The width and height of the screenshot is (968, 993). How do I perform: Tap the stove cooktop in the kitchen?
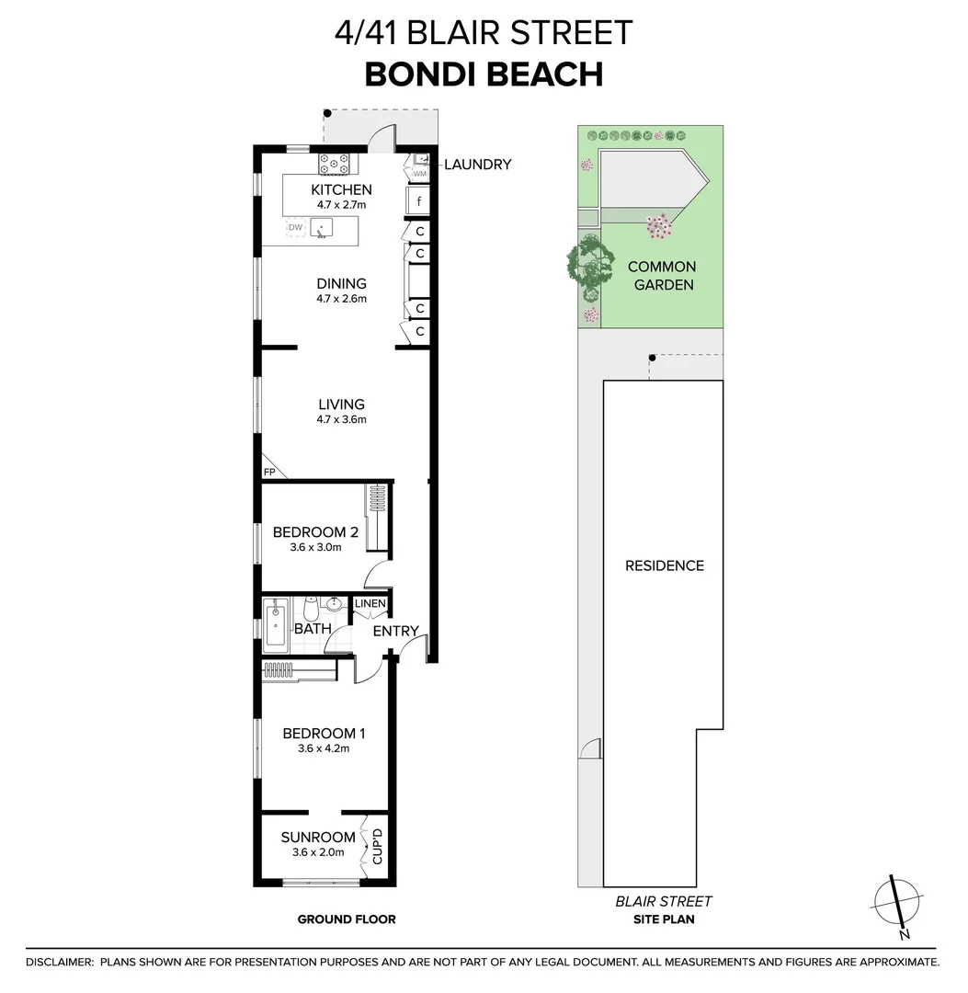(335, 165)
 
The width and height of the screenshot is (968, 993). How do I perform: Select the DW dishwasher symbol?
(295, 227)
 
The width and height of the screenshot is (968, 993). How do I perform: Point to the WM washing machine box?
(419, 173)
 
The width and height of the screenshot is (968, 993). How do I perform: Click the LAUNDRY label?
(477, 165)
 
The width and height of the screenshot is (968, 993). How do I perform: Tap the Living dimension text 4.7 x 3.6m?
(342, 420)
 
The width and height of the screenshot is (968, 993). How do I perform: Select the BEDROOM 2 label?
(315, 531)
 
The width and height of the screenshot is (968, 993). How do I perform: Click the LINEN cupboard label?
(370, 604)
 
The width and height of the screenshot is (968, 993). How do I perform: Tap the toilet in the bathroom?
(310, 609)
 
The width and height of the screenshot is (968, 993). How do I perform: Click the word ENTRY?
(395, 631)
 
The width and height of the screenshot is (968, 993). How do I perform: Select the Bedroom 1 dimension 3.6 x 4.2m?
(324, 748)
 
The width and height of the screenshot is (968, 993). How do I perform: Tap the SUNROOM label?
(318, 837)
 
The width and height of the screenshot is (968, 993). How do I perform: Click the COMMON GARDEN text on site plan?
(662, 275)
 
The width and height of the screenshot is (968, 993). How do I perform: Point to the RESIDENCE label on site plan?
(664, 565)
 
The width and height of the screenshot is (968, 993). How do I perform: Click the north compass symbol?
(897, 905)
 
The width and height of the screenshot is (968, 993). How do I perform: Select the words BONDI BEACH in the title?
(484, 74)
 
